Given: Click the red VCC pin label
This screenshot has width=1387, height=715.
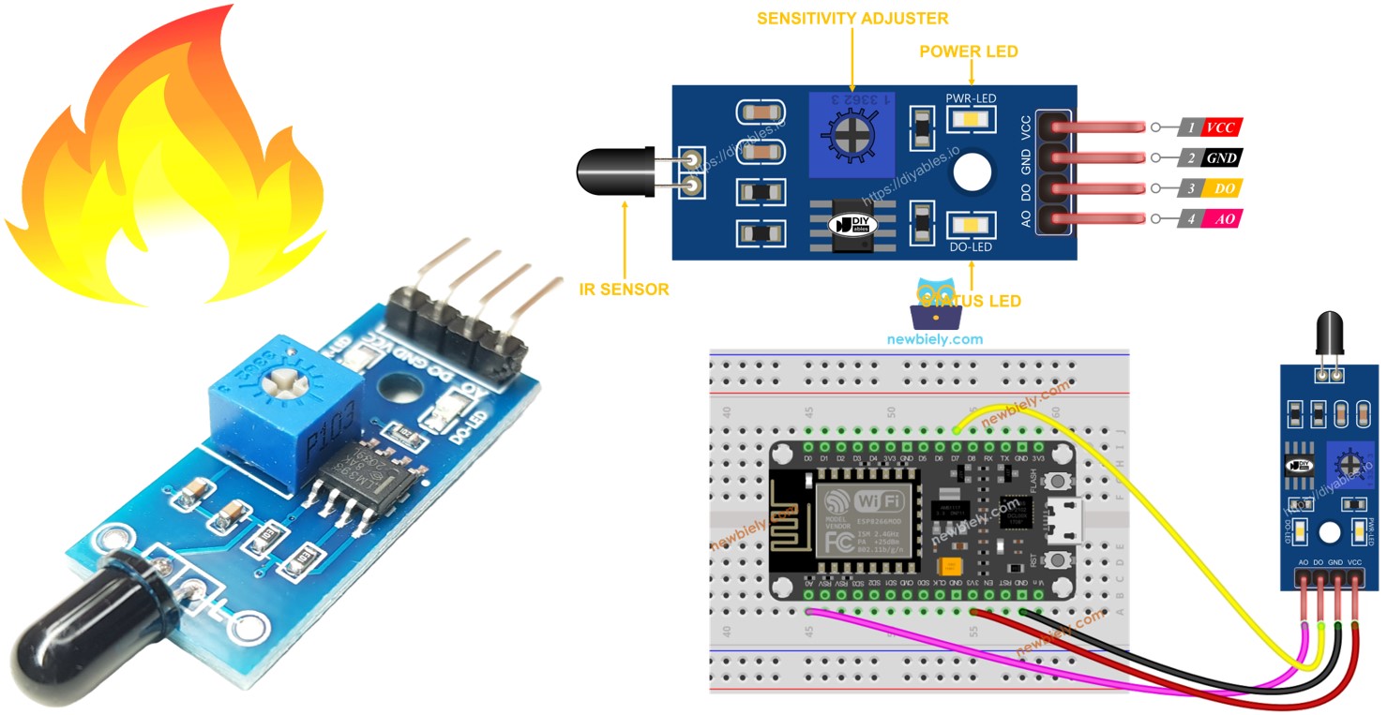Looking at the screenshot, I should [x=1220, y=127].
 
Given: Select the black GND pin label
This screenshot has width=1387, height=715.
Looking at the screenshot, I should [x=1220, y=157].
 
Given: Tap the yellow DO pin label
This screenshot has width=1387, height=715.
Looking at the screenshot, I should [x=1220, y=188].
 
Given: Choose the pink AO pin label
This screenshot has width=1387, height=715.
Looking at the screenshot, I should [x=1220, y=218].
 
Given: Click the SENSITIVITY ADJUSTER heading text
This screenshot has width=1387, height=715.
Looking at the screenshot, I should [x=852, y=18].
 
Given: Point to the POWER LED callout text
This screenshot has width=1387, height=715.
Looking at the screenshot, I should [x=970, y=52].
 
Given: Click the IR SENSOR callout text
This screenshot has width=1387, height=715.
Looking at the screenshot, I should [x=624, y=290].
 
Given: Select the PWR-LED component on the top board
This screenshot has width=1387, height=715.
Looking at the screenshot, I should [x=971, y=120].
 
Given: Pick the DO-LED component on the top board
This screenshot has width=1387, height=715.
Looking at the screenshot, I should [x=971, y=224].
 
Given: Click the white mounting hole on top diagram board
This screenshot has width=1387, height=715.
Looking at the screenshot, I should [x=972, y=172].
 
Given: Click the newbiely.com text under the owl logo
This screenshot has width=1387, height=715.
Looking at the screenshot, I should [x=935, y=338].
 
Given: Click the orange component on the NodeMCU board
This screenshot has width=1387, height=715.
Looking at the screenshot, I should [x=952, y=568].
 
